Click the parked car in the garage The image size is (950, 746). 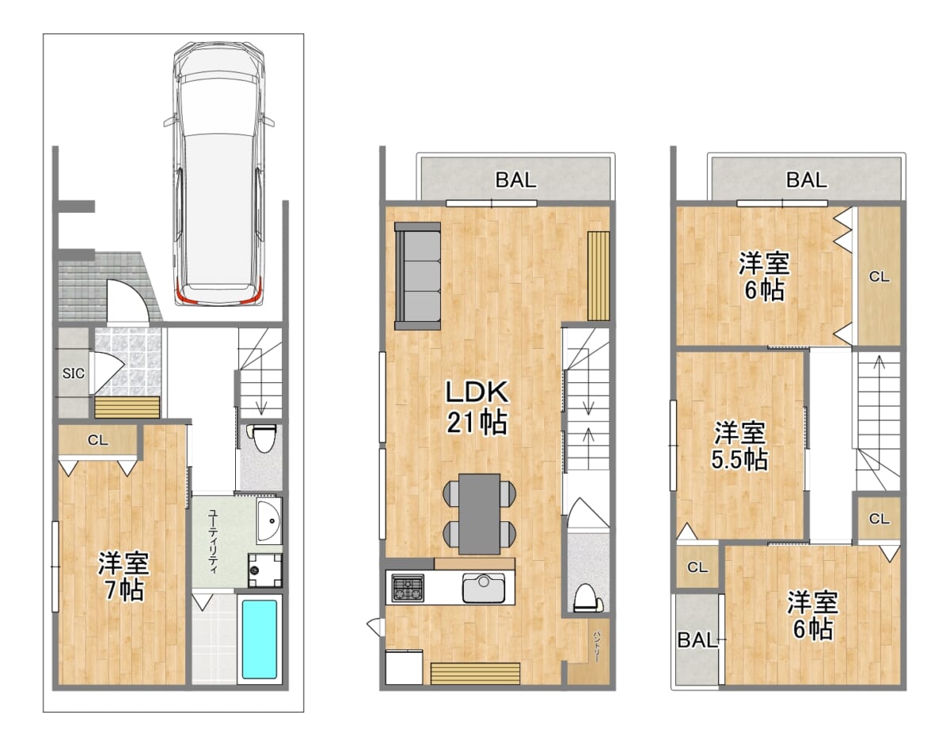tap(219, 175)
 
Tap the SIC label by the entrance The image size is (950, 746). tap(74, 373)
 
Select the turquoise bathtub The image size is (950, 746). tap(259, 639)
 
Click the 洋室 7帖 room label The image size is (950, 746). tap(123, 577)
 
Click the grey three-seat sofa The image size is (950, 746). tap(417, 275)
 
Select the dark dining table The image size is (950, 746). tap(480, 514)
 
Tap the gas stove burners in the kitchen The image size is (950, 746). tap(408, 587)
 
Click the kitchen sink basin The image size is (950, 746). tap(484, 588)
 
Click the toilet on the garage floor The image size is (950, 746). tap(261, 438)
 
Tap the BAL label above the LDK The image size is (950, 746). tap(516, 180)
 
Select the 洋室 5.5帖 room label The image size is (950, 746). tap(739, 445)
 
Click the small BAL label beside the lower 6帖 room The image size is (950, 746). tap(697, 640)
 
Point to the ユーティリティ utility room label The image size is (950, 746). tap(212, 541)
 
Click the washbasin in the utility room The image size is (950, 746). tap(269, 522)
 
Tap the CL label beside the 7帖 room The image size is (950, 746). tap(97, 440)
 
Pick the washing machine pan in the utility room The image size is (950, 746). tap(265, 570)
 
